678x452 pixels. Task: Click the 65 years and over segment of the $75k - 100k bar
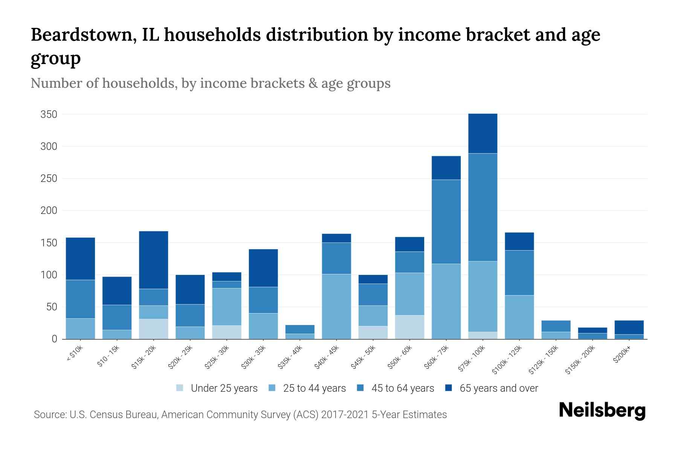(x=483, y=133)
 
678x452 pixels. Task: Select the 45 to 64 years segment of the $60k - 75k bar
(x=446, y=221)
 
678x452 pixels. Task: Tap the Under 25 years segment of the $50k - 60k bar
(x=409, y=327)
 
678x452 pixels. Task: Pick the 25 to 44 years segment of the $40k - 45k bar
(x=336, y=306)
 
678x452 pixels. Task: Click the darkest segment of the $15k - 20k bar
(x=153, y=260)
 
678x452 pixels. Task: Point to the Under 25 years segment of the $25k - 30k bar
(x=226, y=332)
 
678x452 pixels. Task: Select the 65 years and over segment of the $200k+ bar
(x=629, y=327)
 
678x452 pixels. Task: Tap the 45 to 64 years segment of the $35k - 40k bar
(x=300, y=329)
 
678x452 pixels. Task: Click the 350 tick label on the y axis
(x=49, y=115)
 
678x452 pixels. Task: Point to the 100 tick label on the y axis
(x=49, y=275)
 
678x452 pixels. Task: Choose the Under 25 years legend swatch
(x=180, y=388)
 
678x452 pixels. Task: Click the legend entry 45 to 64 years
(x=402, y=388)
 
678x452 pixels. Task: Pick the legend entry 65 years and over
(x=498, y=388)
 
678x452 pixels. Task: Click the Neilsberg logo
(x=602, y=411)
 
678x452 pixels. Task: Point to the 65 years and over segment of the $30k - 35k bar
(x=263, y=268)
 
